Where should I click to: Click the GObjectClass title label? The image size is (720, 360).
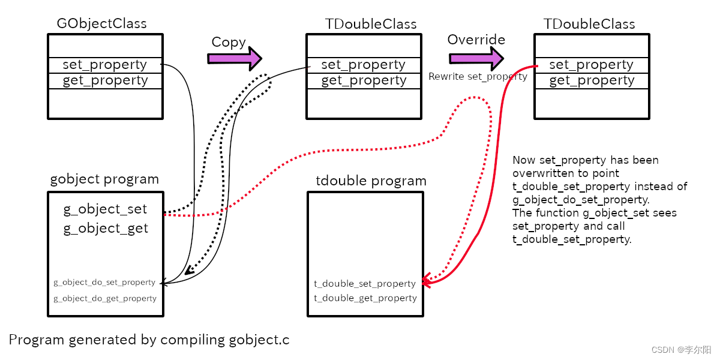[101, 24]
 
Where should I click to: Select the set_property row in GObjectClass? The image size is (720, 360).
[104, 65]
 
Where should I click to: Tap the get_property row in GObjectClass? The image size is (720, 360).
[104, 80]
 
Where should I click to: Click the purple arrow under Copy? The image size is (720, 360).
[234, 58]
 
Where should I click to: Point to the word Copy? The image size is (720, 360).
[229, 43]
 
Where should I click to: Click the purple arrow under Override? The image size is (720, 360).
[476, 58]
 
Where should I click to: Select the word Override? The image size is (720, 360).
[476, 40]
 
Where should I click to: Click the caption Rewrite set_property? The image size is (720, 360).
[478, 77]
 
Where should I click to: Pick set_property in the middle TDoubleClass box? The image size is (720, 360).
[363, 65]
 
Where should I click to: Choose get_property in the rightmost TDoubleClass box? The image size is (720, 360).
[591, 80]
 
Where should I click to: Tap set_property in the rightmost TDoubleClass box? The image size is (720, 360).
[591, 65]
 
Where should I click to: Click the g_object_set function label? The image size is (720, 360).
[105, 209]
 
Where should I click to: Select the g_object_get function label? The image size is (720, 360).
[106, 229]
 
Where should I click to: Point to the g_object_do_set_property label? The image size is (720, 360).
[104, 282]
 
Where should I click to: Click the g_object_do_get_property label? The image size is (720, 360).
[105, 298]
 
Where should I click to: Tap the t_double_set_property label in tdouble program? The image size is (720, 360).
[365, 283]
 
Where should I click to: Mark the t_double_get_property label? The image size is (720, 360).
[365, 298]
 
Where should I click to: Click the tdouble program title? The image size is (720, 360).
[371, 181]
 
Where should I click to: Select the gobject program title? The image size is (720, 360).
[104, 179]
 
